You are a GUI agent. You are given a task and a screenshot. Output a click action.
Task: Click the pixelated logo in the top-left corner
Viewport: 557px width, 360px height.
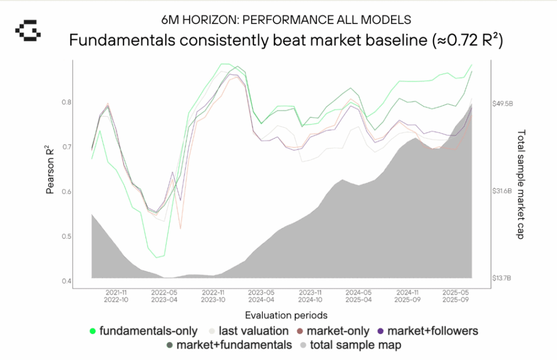tap(28, 30)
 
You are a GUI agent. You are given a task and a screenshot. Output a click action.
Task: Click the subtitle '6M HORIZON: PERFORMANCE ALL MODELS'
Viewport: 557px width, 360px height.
tap(286, 20)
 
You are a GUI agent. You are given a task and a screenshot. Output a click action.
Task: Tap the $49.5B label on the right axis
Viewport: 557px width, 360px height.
tap(502, 104)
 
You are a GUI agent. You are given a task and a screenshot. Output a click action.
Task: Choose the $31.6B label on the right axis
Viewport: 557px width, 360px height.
tap(502, 191)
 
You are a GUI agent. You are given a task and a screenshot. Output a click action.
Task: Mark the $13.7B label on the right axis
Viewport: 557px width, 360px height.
tap(502, 278)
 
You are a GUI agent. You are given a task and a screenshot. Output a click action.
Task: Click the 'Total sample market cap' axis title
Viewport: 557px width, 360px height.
tap(521, 184)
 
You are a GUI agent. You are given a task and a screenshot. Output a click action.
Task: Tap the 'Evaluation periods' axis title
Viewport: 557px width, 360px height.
tap(279, 315)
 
